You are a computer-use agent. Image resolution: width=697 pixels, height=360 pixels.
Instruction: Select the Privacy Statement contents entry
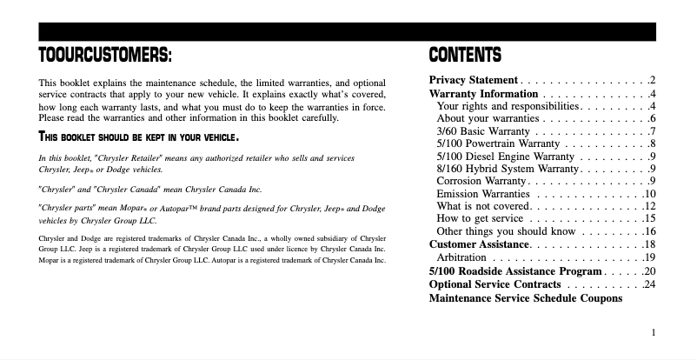(x=475, y=80)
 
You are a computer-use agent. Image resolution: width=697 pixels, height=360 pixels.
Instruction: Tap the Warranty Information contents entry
(x=483, y=93)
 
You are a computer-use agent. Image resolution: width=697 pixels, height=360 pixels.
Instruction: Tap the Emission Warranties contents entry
(x=483, y=193)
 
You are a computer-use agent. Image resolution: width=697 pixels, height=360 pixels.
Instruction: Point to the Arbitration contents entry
(x=461, y=257)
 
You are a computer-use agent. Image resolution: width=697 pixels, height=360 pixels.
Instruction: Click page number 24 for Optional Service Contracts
(x=648, y=283)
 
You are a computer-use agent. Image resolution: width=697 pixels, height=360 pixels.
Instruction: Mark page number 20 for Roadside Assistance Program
(x=648, y=270)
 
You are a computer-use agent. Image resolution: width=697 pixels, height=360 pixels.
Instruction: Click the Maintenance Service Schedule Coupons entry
(x=526, y=297)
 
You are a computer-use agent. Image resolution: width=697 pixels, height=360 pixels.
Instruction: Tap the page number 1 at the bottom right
(x=652, y=331)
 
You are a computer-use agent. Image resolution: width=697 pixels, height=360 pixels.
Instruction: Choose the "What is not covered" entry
(x=482, y=206)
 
